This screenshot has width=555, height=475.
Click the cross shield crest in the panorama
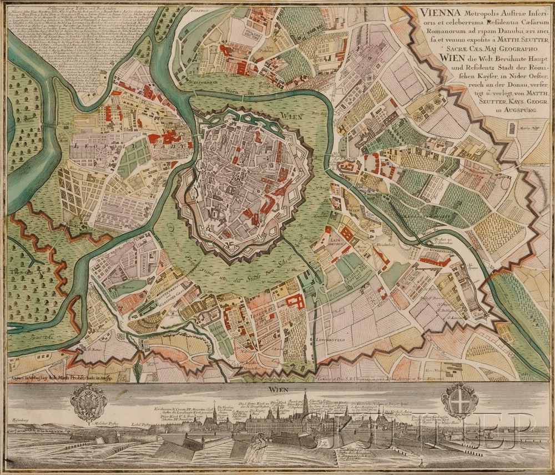(x=458, y=400)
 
